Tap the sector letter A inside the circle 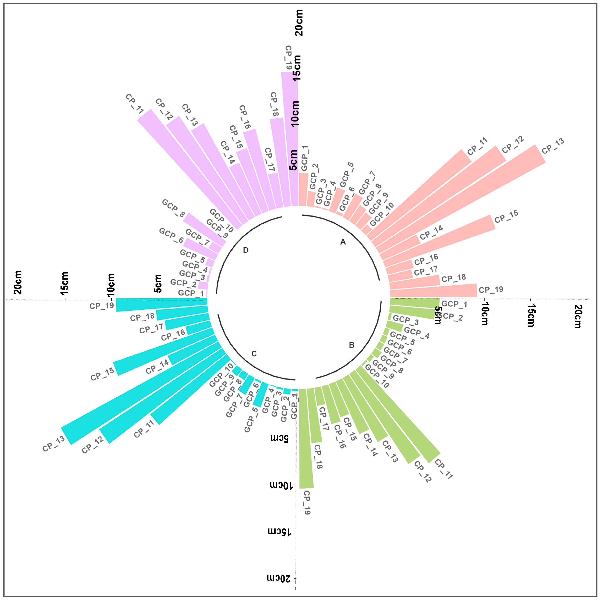343,242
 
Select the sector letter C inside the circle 254,354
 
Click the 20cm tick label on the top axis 299,22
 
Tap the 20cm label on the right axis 578,316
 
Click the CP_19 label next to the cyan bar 102,306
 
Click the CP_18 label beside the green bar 318,456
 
